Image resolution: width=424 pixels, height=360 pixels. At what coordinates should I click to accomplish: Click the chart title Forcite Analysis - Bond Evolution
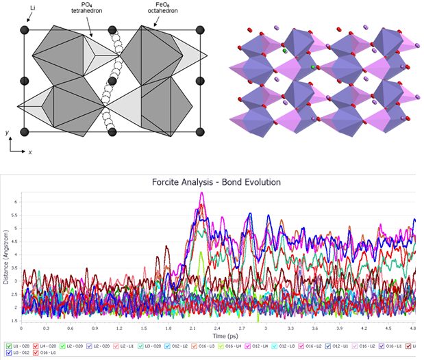tap(216, 182)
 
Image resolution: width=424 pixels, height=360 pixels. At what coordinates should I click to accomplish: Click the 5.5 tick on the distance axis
tap(16, 215)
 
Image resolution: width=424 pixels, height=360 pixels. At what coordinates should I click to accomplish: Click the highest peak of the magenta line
tap(201, 193)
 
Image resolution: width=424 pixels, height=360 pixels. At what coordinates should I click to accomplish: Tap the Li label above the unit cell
tap(25, 8)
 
